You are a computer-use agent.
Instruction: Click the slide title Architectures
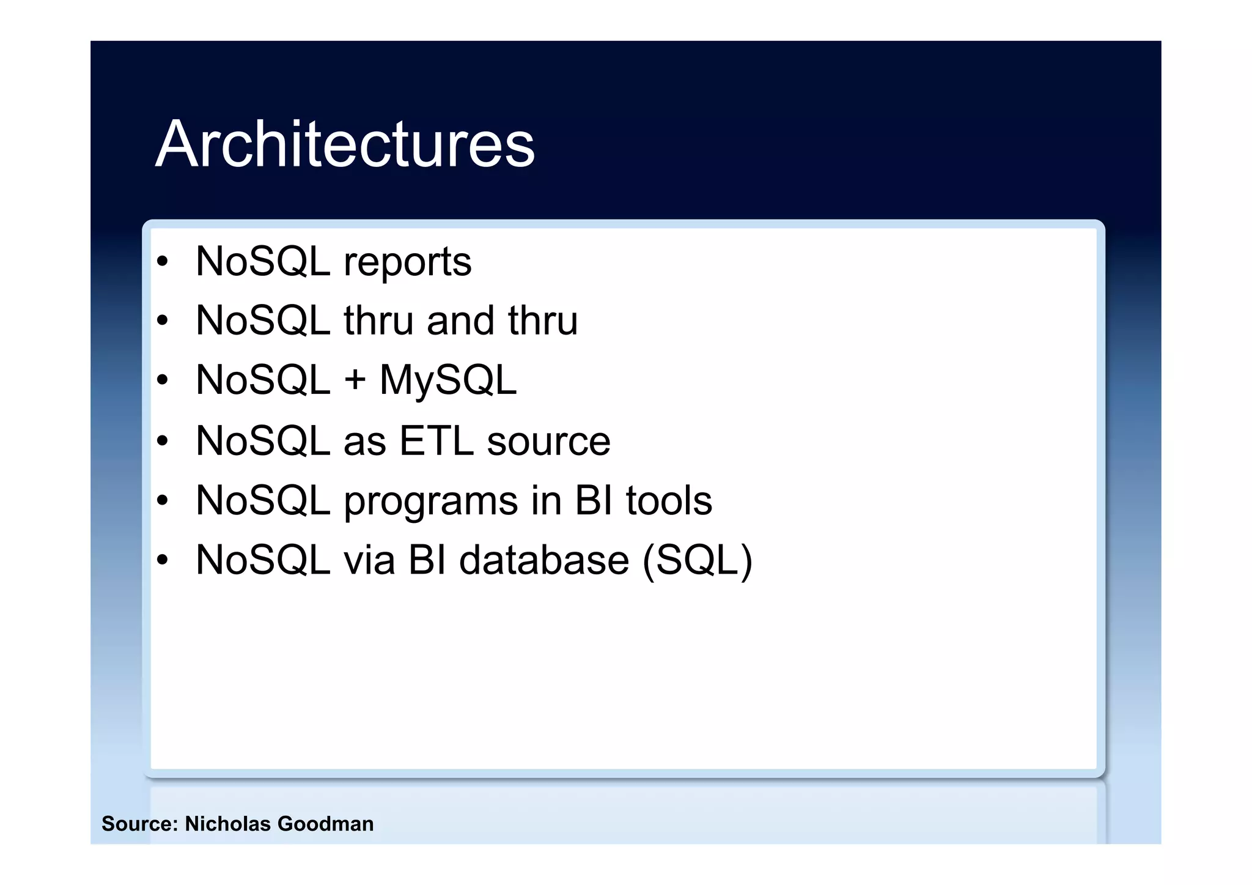pyautogui.click(x=345, y=144)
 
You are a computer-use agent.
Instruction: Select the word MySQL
pyautogui.click(x=448, y=380)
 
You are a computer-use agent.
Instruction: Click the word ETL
pyautogui.click(x=436, y=440)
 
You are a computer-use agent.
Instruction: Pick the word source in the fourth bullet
pyautogui.click(x=548, y=440)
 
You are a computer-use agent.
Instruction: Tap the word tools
pyautogui.click(x=669, y=500)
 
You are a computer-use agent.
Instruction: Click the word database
pyautogui.click(x=544, y=560)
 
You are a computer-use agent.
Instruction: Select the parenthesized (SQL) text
pyautogui.click(x=698, y=560)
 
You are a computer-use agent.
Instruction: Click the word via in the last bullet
pyautogui.click(x=369, y=560)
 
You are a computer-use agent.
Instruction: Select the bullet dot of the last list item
pyautogui.click(x=162, y=560)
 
